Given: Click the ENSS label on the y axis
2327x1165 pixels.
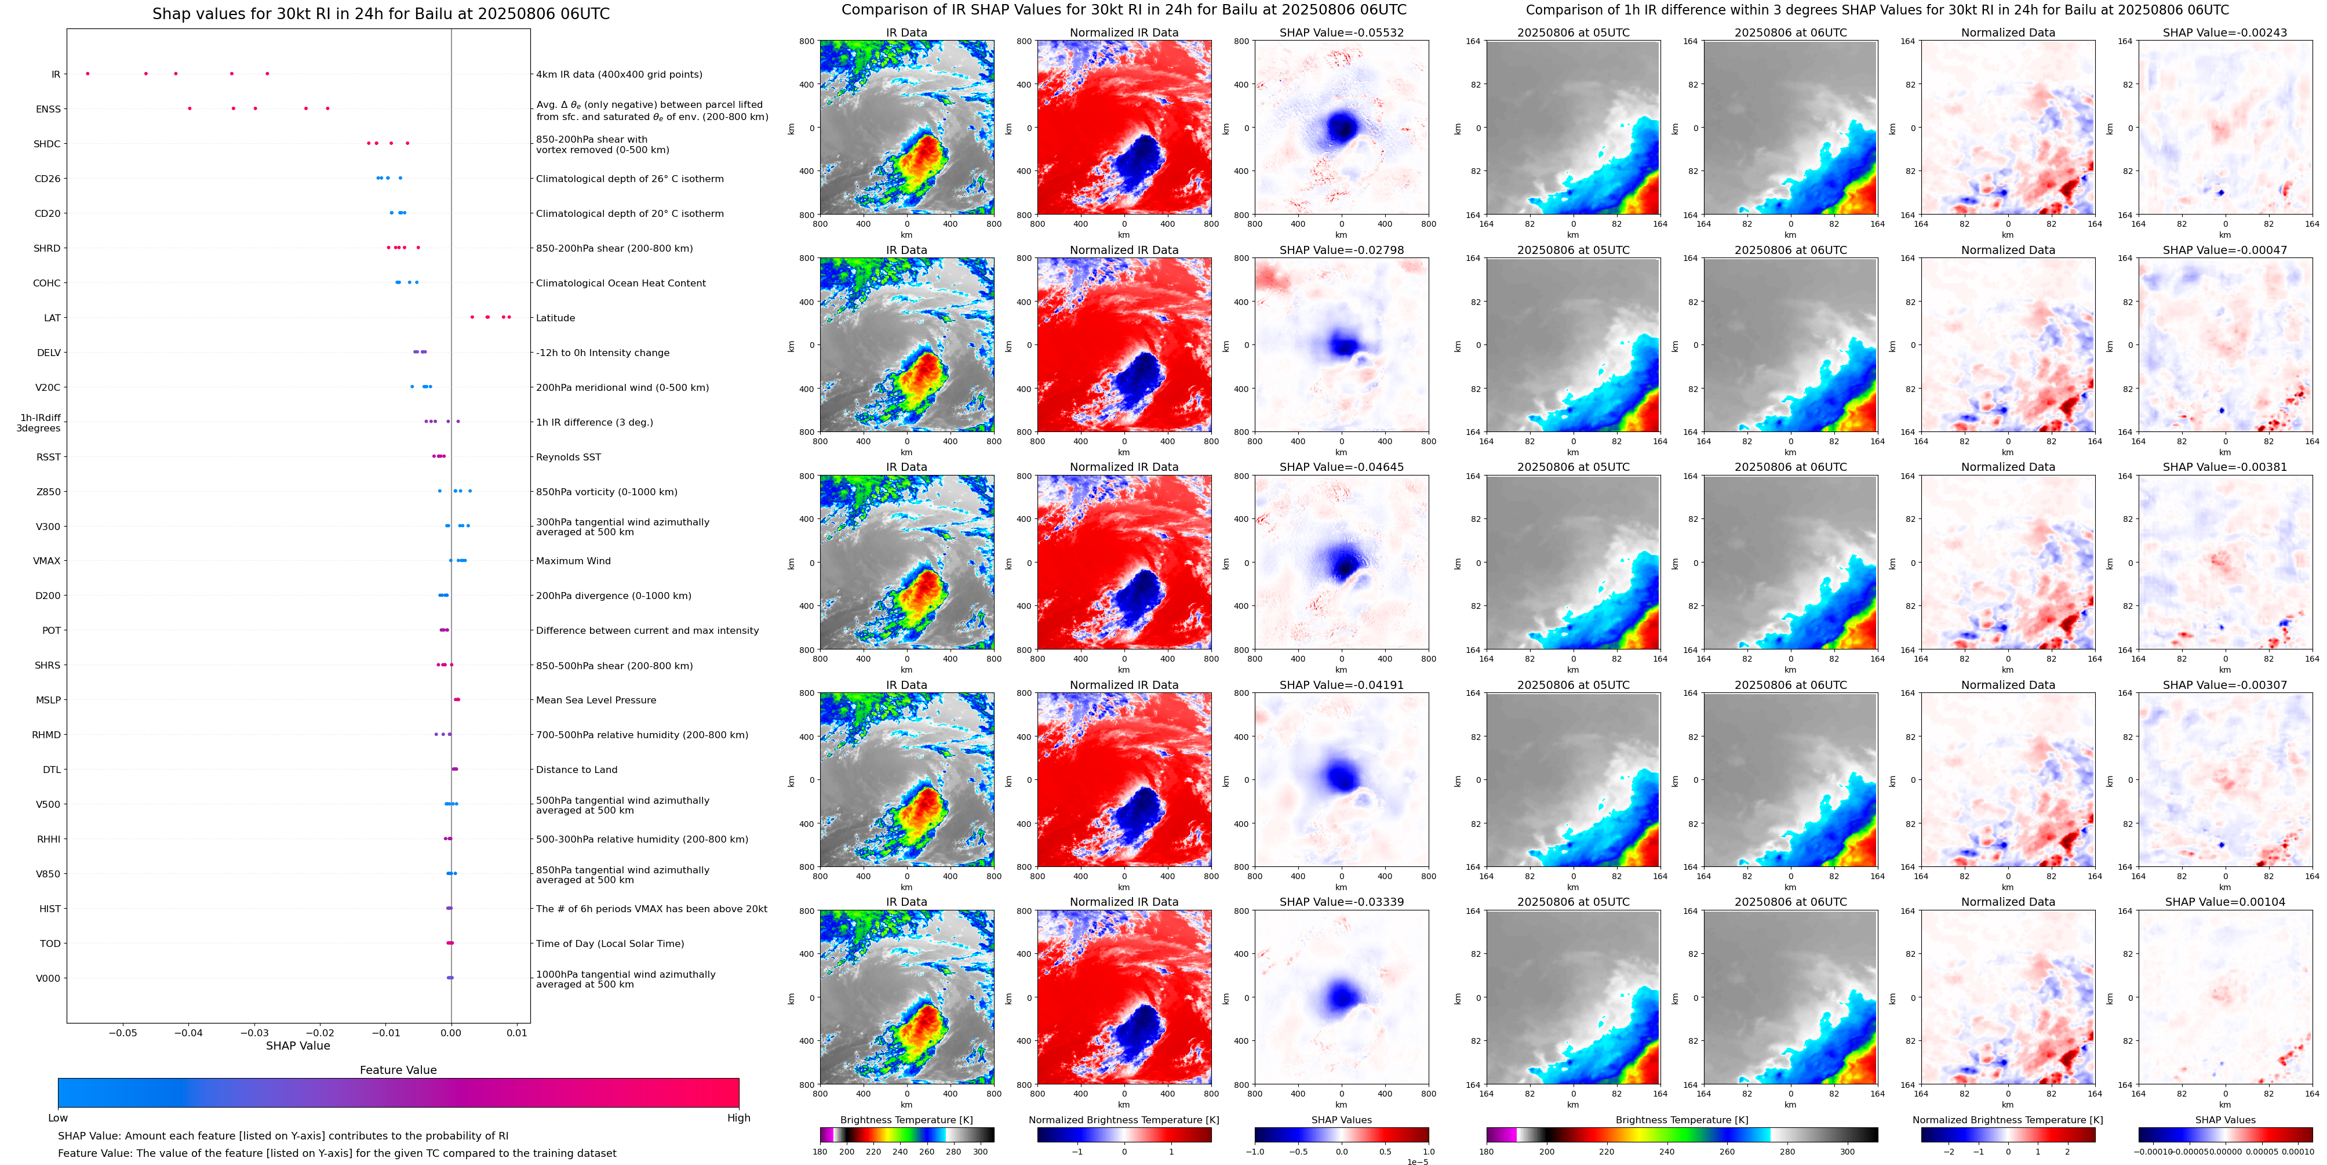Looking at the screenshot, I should (48, 110).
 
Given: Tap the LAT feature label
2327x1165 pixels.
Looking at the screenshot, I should (52, 318).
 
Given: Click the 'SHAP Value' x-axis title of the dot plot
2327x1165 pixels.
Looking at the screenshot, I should (298, 1046).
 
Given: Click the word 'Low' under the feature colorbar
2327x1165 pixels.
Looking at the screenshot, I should (58, 1118).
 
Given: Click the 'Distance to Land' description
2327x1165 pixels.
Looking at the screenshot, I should (576, 770).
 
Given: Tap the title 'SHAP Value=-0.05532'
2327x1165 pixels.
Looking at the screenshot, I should (1342, 32).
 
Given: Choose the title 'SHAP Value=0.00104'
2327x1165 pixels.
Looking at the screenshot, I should (2225, 902).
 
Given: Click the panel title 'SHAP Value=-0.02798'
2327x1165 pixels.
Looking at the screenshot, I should (1342, 251).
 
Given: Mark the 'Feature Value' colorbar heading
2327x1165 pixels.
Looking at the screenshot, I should (398, 1070).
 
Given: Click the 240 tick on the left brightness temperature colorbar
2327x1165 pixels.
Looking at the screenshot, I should (900, 1152).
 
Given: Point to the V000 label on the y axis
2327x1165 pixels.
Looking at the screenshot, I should (48, 979).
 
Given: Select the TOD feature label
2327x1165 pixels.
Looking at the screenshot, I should (50, 943).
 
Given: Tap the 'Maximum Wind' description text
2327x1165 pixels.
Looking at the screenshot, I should (573, 561).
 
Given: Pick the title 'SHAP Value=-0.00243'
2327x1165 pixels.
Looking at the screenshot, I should (2225, 32).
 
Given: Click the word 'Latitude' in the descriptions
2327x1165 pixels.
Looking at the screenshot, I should (556, 318).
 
